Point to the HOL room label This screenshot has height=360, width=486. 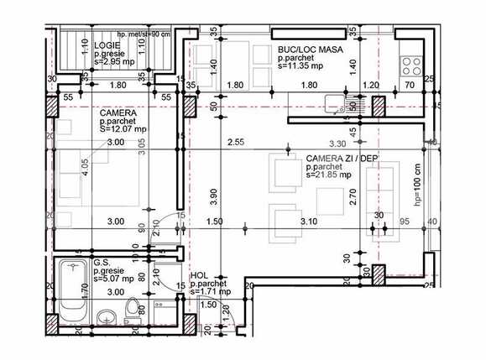pyautogui.click(x=200, y=275)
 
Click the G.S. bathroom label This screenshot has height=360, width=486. pyautogui.click(x=102, y=262)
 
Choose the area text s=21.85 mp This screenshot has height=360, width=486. pyautogui.click(x=307, y=177)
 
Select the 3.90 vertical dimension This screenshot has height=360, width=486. pyautogui.click(x=212, y=195)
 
